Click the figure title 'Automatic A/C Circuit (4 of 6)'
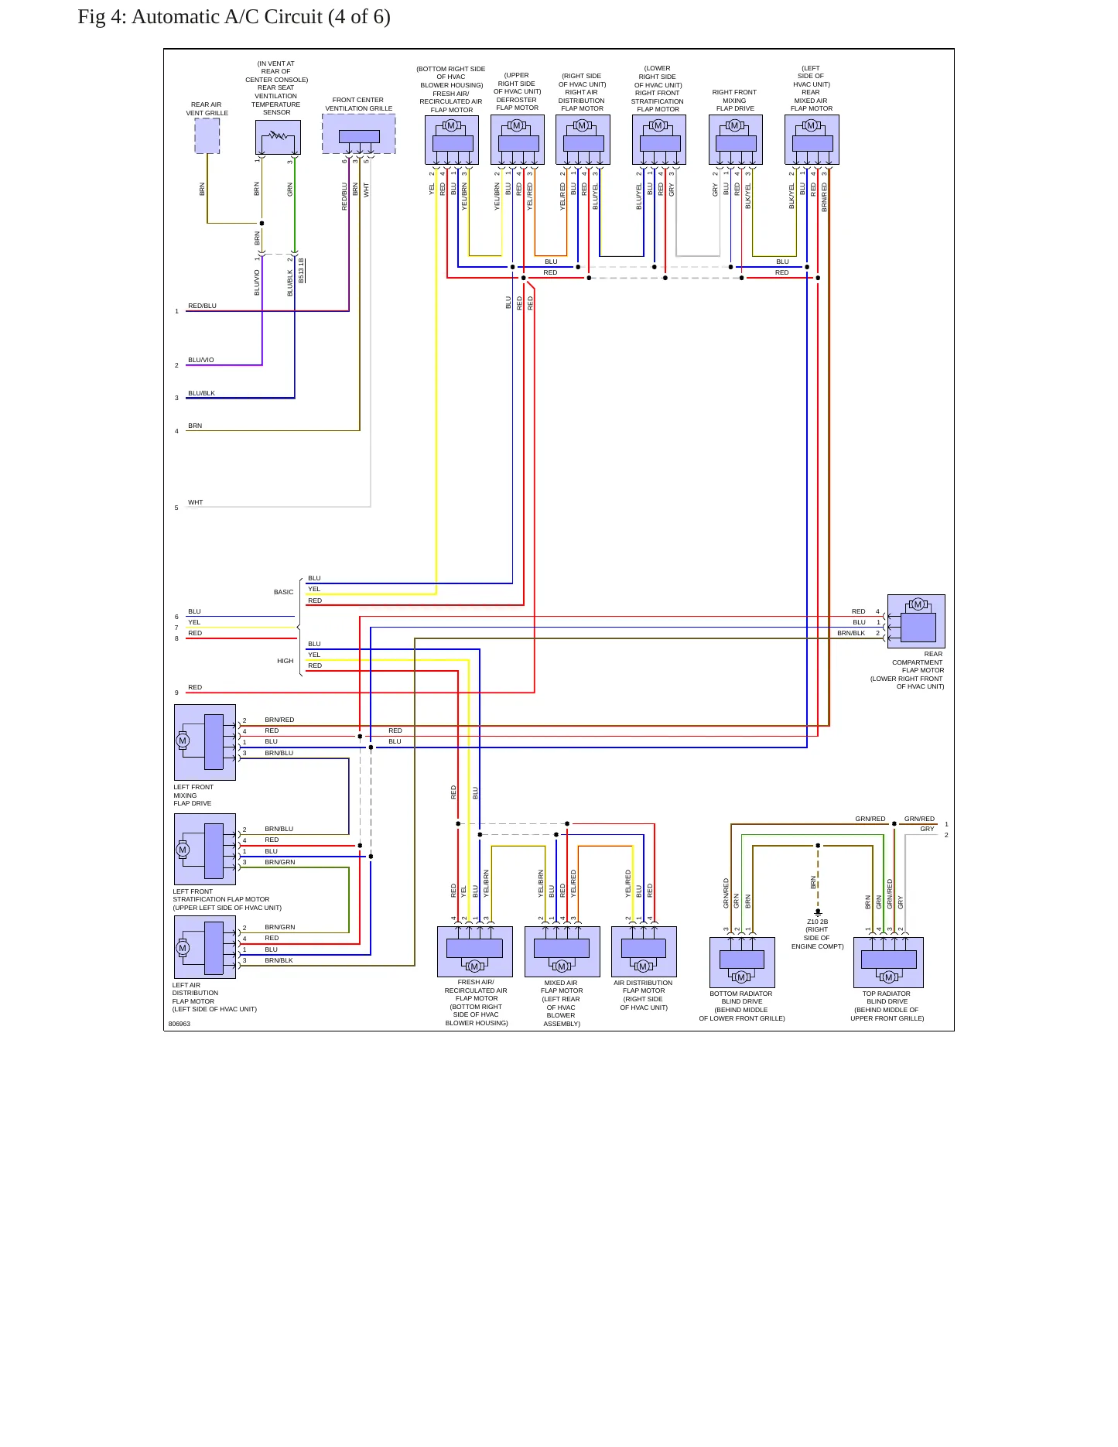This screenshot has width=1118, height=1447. (x=261, y=17)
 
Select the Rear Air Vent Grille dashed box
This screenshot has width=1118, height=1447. (x=207, y=135)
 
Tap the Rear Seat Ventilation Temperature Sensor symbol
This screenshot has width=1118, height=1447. (x=278, y=137)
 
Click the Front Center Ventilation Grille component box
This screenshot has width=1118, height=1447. (x=359, y=134)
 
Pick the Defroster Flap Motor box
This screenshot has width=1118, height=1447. (x=518, y=139)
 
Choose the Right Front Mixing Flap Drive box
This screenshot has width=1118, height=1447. (x=736, y=139)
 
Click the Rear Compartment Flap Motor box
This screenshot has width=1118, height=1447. (x=916, y=621)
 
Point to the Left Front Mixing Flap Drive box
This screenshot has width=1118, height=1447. (x=205, y=742)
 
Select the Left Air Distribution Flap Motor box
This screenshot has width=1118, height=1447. (x=205, y=947)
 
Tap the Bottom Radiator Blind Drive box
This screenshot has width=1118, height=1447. (x=742, y=963)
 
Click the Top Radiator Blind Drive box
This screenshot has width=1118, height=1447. (x=888, y=963)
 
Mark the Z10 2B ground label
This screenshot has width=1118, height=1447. (x=818, y=922)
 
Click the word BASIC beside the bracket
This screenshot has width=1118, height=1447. (x=284, y=592)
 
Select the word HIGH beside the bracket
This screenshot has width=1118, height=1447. (x=285, y=661)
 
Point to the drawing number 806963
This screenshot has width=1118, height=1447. (x=179, y=1024)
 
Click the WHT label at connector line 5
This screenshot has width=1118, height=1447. (x=196, y=502)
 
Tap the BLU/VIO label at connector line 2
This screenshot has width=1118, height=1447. (x=201, y=360)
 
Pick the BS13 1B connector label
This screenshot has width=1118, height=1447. (x=302, y=270)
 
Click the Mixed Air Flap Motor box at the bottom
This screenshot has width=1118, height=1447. (x=562, y=952)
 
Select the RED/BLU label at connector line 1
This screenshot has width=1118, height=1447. (x=203, y=306)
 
